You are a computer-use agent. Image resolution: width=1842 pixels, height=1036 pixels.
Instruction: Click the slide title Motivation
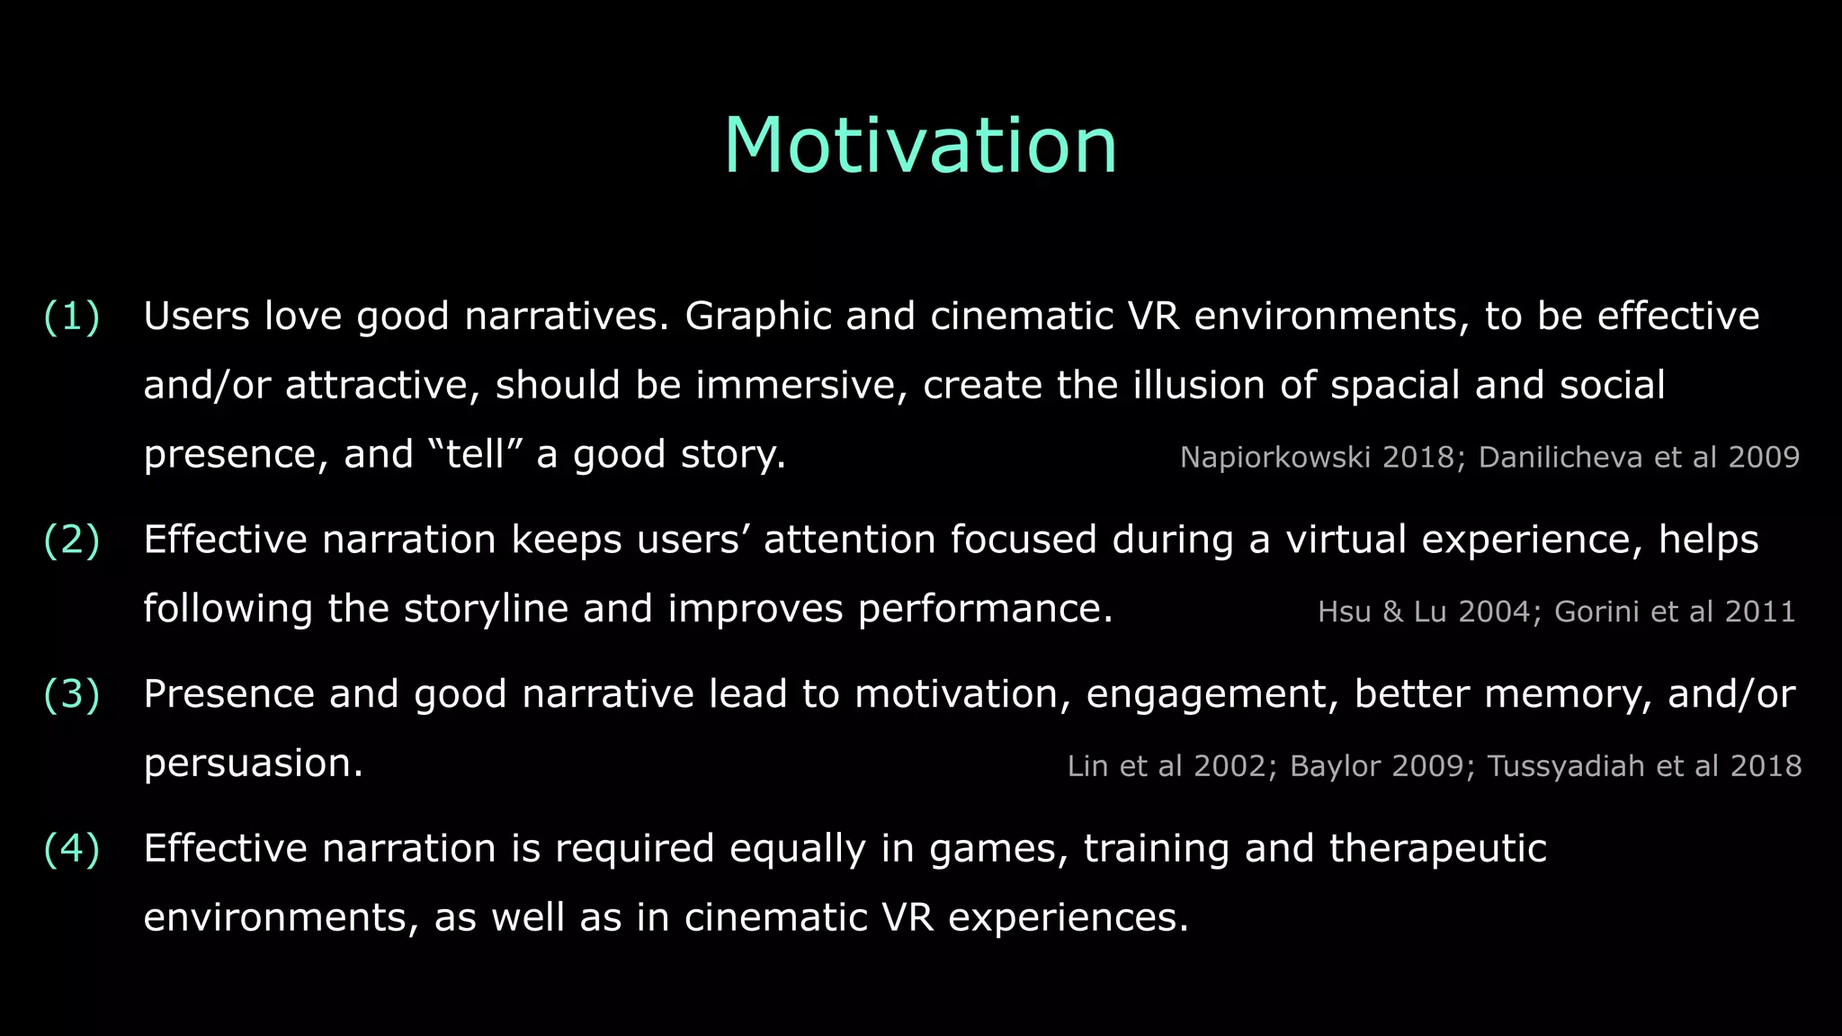coord(920,146)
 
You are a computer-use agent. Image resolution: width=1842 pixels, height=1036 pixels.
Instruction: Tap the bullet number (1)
coord(72,317)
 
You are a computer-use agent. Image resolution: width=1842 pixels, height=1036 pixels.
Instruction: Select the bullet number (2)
coord(72,540)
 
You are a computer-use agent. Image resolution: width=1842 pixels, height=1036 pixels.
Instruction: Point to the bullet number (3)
coord(72,694)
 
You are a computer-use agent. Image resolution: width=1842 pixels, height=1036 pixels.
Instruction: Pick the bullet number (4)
coord(72,849)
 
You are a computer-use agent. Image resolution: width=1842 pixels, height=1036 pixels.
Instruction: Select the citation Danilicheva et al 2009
coord(1639,458)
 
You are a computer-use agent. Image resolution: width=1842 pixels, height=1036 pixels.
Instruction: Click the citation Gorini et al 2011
coord(1675,612)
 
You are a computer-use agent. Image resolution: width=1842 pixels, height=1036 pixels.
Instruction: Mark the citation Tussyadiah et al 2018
coord(1644,766)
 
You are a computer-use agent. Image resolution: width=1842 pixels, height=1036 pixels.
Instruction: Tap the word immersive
coord(800,385)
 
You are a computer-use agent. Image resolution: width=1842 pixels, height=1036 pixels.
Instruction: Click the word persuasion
coord(253,764)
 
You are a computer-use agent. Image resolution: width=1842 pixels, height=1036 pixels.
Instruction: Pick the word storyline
coord(486,609)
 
